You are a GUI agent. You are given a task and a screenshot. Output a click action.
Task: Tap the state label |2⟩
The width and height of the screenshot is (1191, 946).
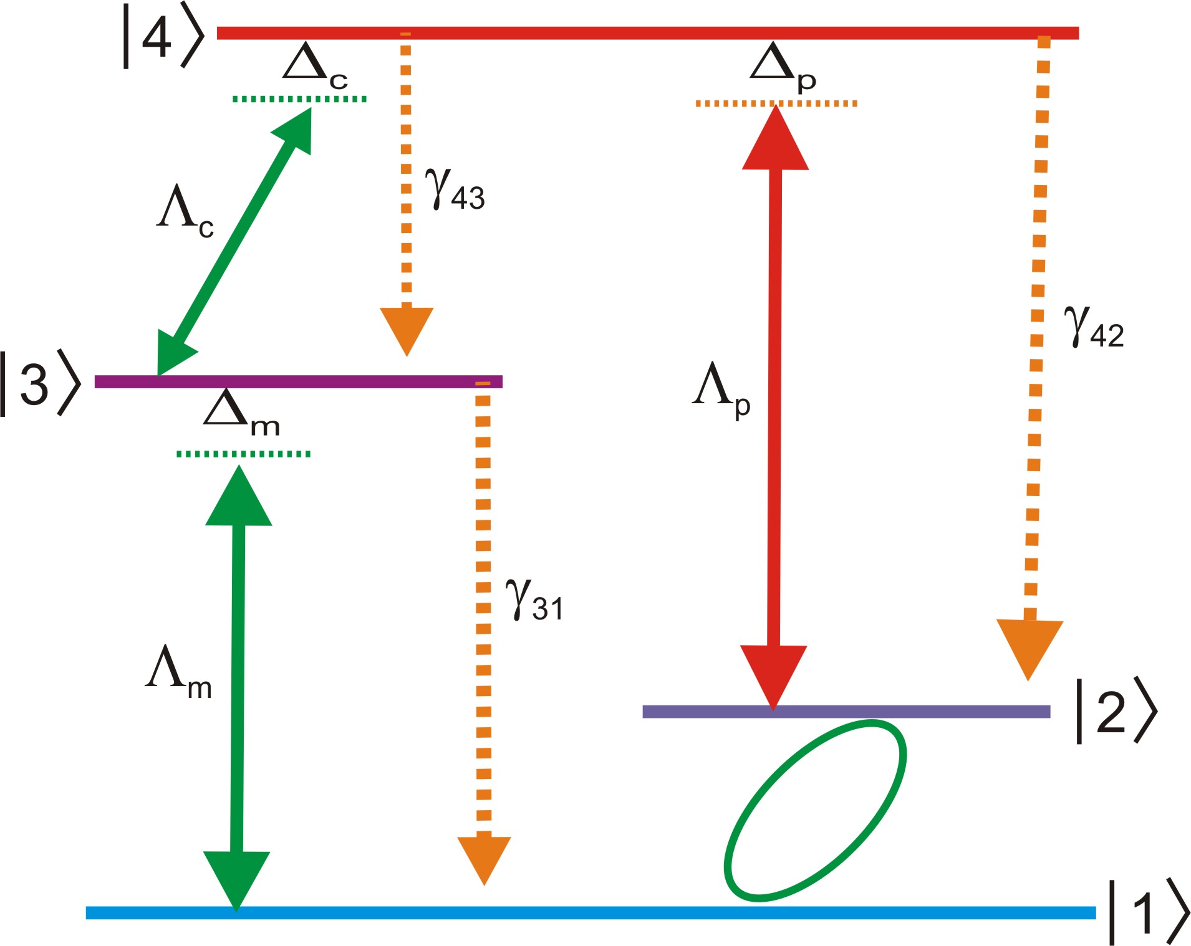pos(1116,711)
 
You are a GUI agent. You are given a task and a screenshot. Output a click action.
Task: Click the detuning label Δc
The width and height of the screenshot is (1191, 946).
pos(314,65)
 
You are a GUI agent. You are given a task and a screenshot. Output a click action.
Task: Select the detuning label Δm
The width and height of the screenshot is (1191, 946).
pos(240,413)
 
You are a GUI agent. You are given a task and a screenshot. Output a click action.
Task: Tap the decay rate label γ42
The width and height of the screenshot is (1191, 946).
pos(1093,327)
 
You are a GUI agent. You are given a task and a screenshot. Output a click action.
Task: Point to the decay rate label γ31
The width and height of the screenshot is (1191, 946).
pos(534,600)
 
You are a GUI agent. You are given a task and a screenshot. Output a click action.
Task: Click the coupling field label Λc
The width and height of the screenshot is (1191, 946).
pos(184,211)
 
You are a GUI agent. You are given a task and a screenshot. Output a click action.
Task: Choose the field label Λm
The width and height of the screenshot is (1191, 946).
pos(178,671)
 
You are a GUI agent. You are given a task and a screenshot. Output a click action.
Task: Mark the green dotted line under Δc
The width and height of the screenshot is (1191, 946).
pos(299,98)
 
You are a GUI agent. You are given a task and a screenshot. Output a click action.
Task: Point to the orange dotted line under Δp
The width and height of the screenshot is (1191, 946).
pos(776,103)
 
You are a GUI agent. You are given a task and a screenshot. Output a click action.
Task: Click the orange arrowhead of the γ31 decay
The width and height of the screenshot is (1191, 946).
pos(484,857)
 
